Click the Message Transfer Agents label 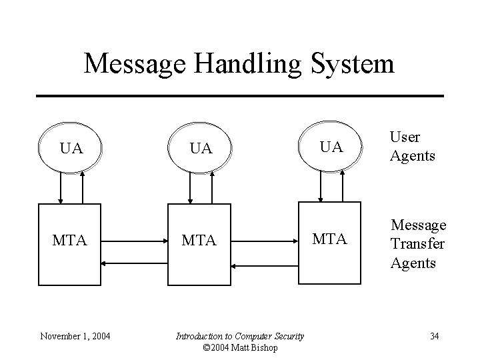click(417, 244)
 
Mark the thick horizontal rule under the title click(239, 96)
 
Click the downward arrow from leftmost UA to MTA click(61, 187)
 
